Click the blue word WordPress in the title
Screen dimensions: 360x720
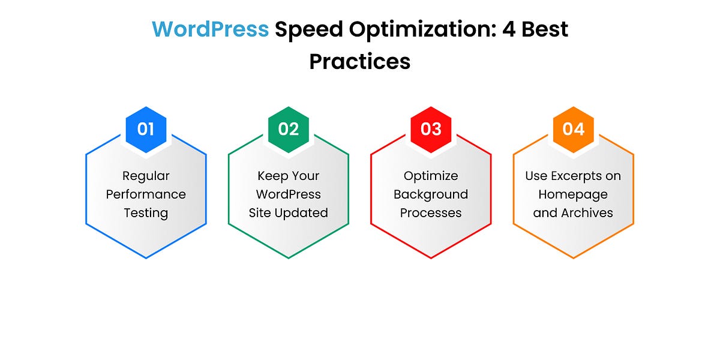210,29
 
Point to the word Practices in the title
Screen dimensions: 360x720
360,61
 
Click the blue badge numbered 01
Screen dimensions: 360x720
146,129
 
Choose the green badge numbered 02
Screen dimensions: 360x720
289,129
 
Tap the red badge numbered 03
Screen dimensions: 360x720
431,129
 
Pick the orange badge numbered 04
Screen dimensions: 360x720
573,129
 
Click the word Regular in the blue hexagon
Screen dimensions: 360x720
146,176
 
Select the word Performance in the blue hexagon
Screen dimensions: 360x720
146,194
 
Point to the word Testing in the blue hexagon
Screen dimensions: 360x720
146,213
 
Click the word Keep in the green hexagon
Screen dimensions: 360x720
272,176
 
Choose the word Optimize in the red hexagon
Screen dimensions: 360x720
431,176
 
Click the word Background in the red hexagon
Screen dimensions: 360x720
431,194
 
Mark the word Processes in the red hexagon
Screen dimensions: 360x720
431,213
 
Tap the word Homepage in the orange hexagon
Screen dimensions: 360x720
573,194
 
